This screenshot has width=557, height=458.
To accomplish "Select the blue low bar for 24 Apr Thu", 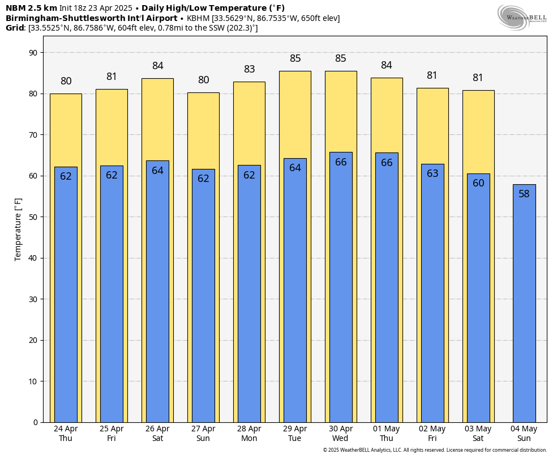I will coord(66,295).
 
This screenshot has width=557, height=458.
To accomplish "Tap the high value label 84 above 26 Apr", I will coord(157,66).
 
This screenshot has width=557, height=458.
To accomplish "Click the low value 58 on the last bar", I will coord(524,194).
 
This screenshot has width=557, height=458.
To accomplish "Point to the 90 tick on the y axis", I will coord(33,53).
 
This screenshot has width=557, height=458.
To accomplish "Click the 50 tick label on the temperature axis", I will coord(33,217).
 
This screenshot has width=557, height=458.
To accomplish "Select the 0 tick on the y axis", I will coord(35,422).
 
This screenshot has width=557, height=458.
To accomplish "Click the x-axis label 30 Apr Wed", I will coord(340,434).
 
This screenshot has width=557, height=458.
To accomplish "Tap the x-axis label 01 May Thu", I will coord(386,434).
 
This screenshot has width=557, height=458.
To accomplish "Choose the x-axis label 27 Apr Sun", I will coord(203,434).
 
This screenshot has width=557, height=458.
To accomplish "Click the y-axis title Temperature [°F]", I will coord(18,229).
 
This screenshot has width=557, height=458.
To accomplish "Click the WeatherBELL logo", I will coord(522,17).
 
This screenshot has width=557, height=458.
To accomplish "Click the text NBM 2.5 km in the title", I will coord(31,8).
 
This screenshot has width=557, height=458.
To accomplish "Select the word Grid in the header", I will coord(15,28).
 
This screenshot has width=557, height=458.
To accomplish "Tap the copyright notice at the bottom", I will coord(435,450).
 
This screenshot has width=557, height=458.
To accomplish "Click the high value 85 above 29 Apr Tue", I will coord(295,58).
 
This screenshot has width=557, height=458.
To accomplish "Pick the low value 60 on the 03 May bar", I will coord(478,183).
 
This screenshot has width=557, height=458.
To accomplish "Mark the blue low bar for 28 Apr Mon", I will coord(249,295).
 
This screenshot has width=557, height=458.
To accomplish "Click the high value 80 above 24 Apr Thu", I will coord(66,81).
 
